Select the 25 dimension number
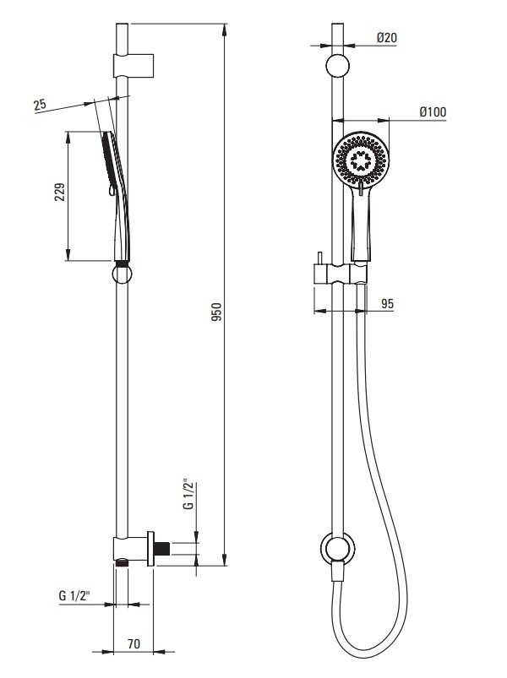[39, 105]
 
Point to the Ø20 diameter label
[388, 38]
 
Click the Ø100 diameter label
[432, 112]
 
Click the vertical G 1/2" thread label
[188, 494]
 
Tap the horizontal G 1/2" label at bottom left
[76, 595]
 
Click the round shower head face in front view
[363, 160]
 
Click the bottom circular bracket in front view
[339, 548]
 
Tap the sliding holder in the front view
[339, 274]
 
